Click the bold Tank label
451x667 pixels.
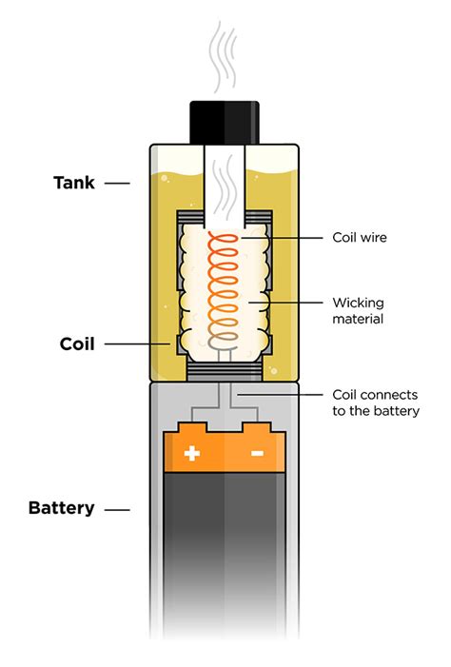[73, 182]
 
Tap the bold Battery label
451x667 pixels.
[62, 508]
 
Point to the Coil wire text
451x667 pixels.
[358, 237]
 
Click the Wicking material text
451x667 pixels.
[358, 311]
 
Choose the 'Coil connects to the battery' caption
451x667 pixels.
[375, 402]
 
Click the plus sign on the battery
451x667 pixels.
[192, 454]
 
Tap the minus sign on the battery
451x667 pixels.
[257, 454]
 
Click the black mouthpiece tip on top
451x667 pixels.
[225, 120]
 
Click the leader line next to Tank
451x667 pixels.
[117, 183]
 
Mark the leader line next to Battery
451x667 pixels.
[117, 509]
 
